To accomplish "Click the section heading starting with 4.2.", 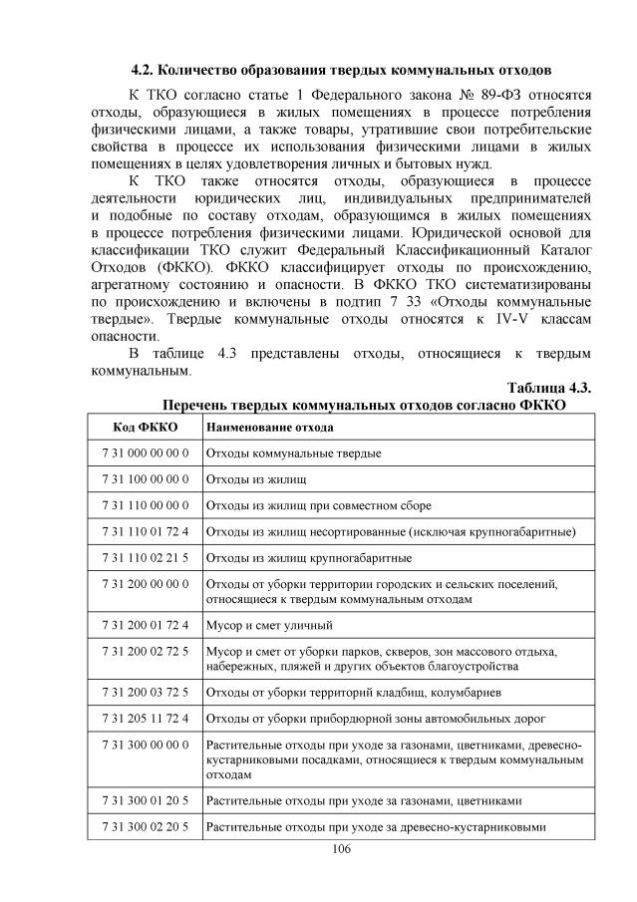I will coord(342,72).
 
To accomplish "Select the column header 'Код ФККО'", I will coord(146,427).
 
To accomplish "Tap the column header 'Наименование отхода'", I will coord(269,427).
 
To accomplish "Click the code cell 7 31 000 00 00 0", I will coord(146,453).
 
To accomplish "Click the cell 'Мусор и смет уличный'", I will coord(269,625).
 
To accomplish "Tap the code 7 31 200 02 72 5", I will coord(146,651).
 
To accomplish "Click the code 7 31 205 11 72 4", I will coord(146,716).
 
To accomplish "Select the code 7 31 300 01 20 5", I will coord(146,799).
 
